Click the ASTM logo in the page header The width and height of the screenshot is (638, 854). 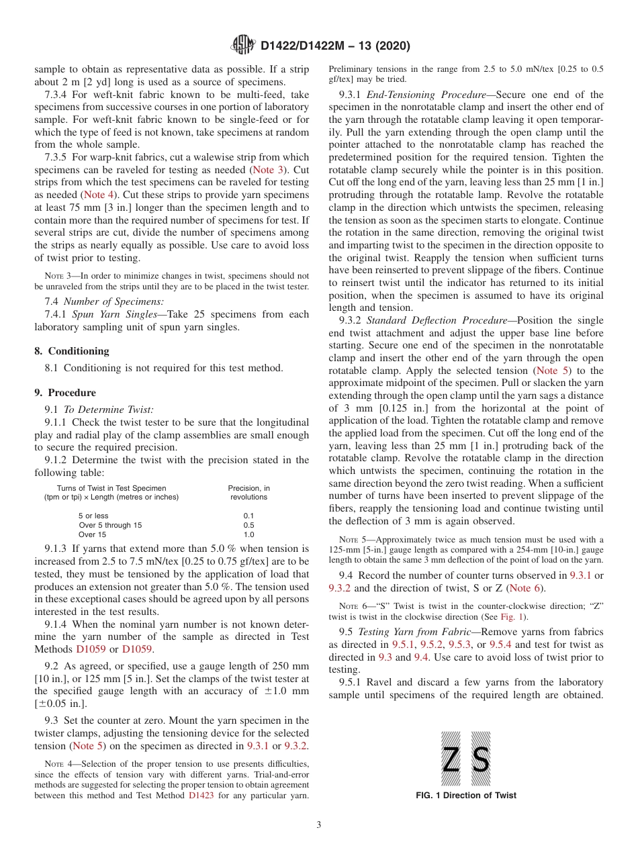tap(242, 46)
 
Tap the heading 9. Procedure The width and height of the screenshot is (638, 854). tap(65, 392)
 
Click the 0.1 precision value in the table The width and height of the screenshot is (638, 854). tap(248, 516)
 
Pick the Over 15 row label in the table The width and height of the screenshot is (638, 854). tap(93, 534)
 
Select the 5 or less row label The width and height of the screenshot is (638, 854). tap(93, 516)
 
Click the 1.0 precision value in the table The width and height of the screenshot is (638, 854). tap(248, 534)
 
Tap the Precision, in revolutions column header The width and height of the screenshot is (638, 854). tap(248, 492)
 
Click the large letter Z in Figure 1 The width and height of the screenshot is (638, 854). tap(451, 759)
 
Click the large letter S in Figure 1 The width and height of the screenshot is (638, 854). tap(481, 759)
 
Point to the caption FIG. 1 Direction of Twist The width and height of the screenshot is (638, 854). tap(466, 795)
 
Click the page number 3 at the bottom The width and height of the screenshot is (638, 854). tap(319, 824)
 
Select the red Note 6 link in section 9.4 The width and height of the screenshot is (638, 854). tap(525, 588)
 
